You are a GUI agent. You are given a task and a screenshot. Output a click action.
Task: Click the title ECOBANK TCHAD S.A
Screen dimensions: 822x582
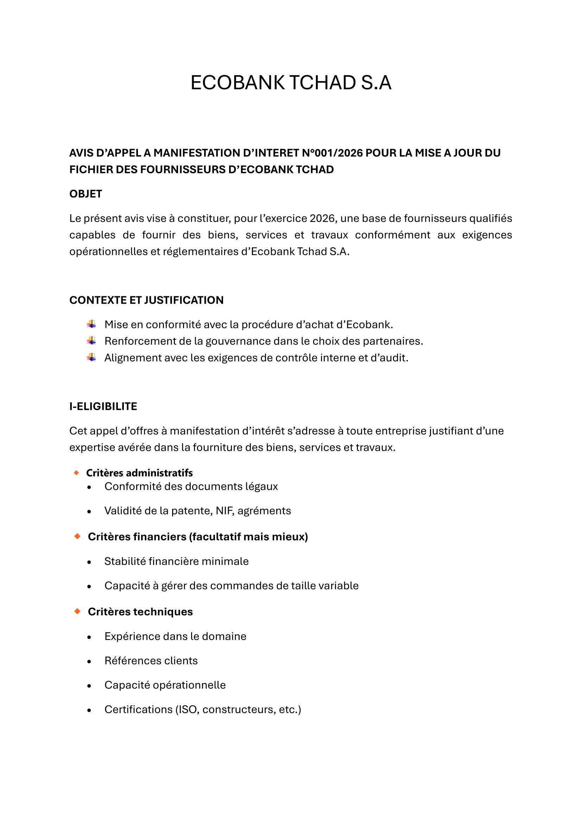point(291,83)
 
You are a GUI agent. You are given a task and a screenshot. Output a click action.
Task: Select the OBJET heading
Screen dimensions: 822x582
point(86,194)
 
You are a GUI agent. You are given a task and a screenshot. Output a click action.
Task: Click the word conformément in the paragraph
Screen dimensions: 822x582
point(392,235)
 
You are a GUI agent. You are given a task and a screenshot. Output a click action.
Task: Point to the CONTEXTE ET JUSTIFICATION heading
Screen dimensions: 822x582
point(146,300)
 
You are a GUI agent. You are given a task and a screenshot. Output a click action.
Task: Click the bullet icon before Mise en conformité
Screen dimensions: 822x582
point(91,324)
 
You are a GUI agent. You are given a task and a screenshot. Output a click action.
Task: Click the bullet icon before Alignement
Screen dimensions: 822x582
point(91,357)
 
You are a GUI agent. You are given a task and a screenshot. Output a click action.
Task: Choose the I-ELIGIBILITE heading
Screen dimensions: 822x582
point(103,406)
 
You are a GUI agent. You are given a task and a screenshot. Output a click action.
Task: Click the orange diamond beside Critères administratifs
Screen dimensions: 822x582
point(76,473)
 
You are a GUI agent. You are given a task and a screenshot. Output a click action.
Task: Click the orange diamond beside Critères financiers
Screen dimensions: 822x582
point(77,536)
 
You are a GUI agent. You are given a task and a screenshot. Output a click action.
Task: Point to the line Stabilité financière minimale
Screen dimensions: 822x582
point(176,561)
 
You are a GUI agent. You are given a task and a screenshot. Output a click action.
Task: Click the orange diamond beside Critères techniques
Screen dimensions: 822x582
point(77,611)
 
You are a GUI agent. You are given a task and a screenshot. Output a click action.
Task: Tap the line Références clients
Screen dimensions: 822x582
point(151,661)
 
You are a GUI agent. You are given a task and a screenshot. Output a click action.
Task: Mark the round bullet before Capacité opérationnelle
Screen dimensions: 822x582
point(89,686)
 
